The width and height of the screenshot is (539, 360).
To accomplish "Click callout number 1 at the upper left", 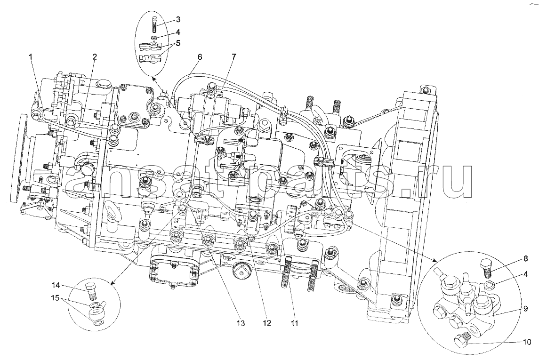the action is point(31,56).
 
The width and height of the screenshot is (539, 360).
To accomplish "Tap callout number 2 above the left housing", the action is point(95,56).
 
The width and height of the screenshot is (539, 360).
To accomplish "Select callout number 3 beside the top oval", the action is point(178,19).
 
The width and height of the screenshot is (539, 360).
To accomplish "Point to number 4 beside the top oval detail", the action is point(178,32).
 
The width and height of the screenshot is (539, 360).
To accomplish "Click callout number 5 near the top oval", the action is point(178,43).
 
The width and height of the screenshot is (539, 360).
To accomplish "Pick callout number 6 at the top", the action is point(199,56).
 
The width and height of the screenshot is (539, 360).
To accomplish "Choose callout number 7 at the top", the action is point(233,56).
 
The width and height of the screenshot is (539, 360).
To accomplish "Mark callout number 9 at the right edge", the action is point(526,309).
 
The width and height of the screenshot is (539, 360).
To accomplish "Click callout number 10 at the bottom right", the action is point(527,342).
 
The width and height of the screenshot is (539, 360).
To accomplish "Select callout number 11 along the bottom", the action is point(294,323).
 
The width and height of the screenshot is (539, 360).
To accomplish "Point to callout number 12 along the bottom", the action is point(267,323).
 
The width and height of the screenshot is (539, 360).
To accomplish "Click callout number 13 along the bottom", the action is point(240,323).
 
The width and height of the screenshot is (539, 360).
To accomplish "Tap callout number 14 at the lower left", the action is point(56,286).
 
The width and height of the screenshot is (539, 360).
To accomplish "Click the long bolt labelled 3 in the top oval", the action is point(153,24).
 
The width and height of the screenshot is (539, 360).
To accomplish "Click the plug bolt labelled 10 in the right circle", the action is point(461,339).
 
